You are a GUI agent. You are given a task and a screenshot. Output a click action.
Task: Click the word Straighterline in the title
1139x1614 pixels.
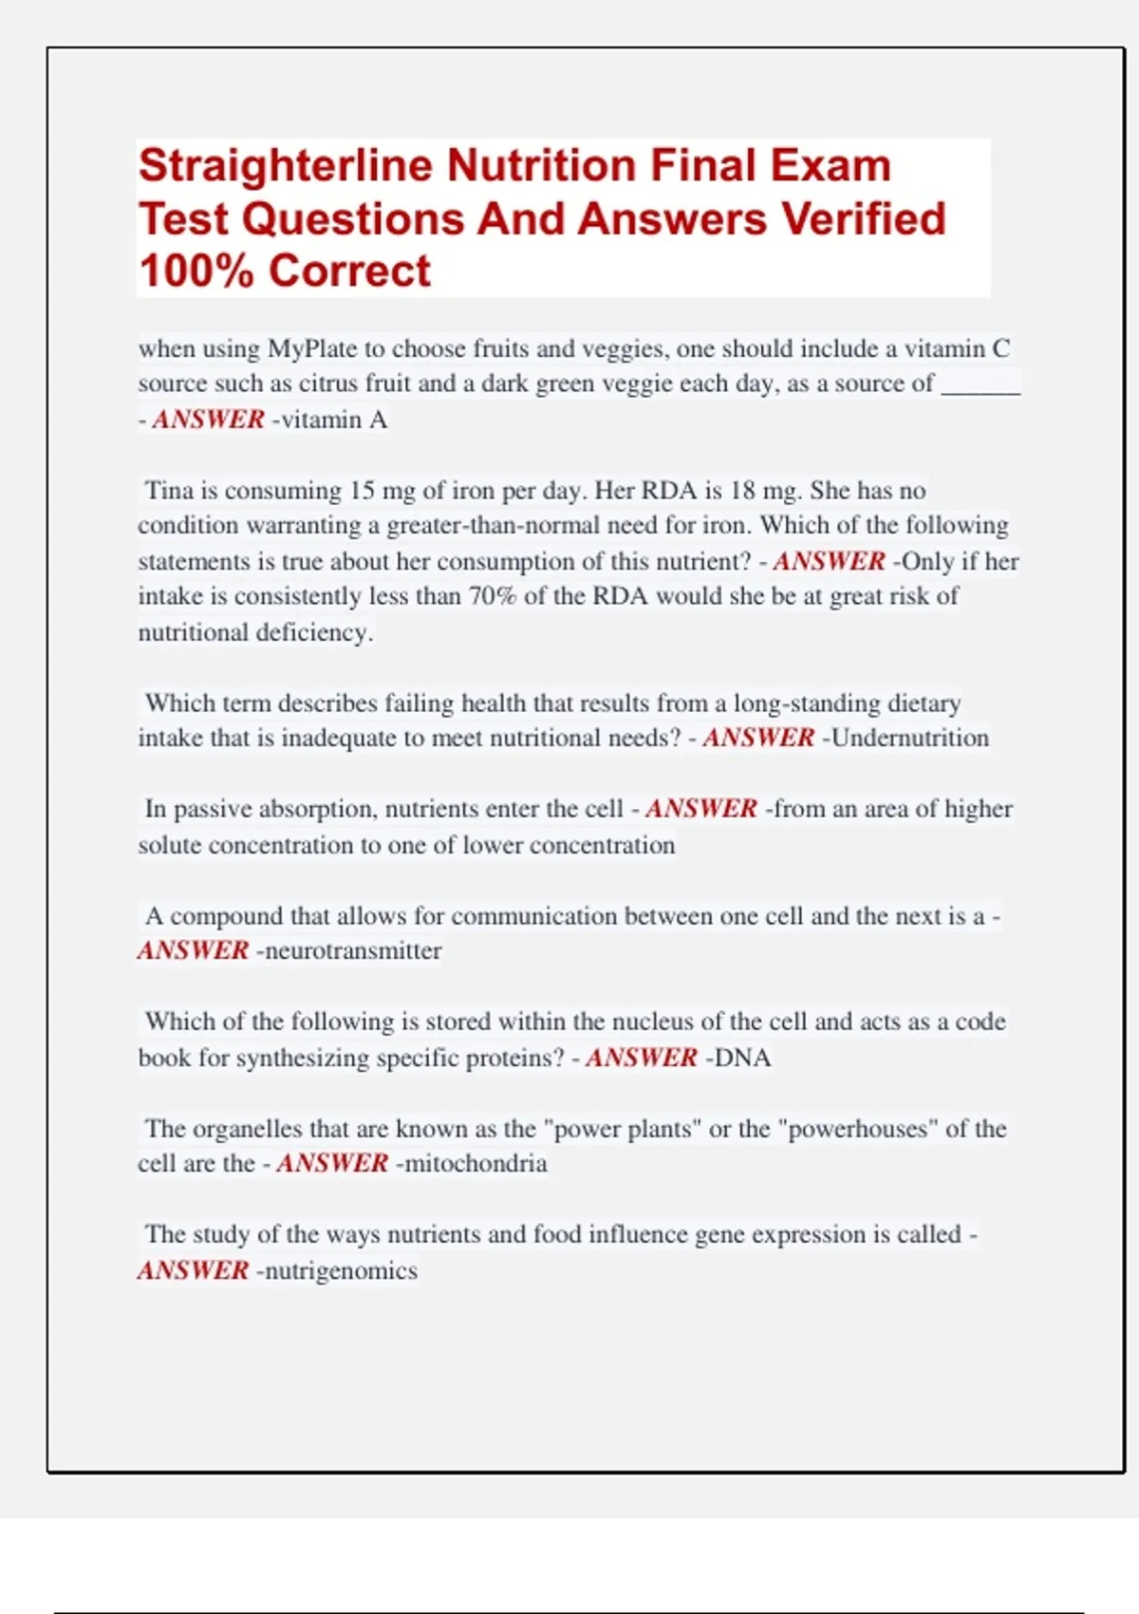[x=286, y=166]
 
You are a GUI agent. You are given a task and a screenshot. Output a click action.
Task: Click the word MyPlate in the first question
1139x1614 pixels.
[x=311, y=348]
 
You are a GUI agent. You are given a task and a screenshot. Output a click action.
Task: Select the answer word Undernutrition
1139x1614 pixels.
[x=909, y=738]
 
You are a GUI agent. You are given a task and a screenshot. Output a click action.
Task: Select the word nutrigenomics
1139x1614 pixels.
[x=341, y=1270]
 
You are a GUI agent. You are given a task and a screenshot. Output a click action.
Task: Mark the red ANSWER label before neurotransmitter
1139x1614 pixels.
[x=194, y=950]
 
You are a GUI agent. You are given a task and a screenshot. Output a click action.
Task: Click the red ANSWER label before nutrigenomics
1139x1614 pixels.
[x=194, y=1270]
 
